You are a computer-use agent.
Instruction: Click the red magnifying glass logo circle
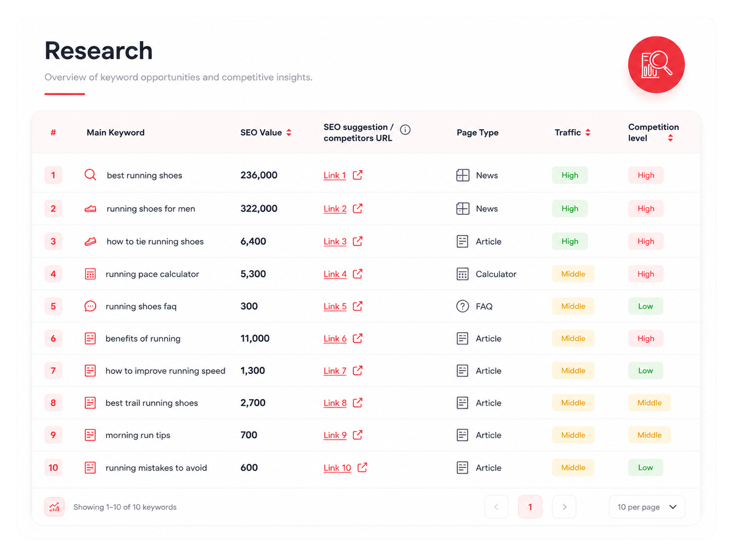pos(656,64)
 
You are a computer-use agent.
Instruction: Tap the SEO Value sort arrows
pos(289,132)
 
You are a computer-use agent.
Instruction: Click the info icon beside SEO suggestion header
pos(405,130)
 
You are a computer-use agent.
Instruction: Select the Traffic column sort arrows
pos(588,132)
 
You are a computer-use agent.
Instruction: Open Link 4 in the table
pos(335,274)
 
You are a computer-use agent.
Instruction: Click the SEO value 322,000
pos(259,208)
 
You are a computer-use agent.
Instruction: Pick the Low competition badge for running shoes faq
pos(645,306)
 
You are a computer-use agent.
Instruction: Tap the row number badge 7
pos(53,371)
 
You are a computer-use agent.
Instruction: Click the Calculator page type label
pos(496,274)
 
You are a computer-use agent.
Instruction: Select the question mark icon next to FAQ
pos(463,306)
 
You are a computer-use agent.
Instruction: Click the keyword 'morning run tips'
pos(138,435)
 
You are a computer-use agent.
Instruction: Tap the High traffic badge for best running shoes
pos(569,175)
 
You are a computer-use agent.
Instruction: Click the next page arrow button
pos(564,507)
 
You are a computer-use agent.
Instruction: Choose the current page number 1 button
pos(530,507)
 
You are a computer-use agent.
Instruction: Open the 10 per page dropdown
pos(647,507)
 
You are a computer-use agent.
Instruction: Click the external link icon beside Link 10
pos(362,467)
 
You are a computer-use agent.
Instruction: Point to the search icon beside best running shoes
pos(90,175)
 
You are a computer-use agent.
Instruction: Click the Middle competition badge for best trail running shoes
pos(649,403)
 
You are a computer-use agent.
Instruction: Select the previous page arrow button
pos(496,507)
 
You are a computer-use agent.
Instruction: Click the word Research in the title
pos(99,51)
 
